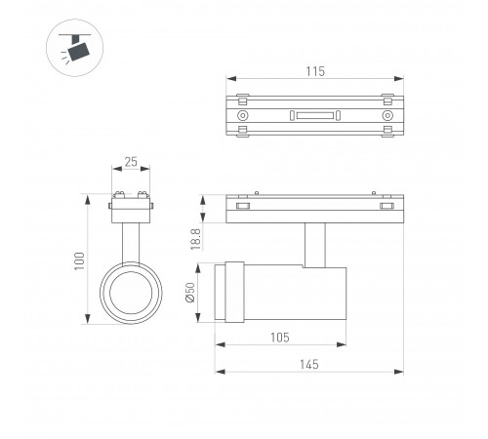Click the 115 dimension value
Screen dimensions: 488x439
tap(315, 71)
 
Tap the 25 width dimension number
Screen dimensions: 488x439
tap(131, 162)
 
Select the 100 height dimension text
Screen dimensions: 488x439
tap(79, 260)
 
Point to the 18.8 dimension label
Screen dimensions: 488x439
tap(196, 239)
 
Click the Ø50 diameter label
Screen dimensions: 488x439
tap(190, 293)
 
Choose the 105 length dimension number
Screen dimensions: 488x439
tap(280, 338)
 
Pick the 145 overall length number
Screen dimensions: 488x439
tap(309, 365)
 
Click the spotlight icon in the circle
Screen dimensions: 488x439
tap(75, 48)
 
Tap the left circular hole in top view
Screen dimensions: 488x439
tap(242, 115)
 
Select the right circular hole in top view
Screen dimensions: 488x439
tap(387, 115)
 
